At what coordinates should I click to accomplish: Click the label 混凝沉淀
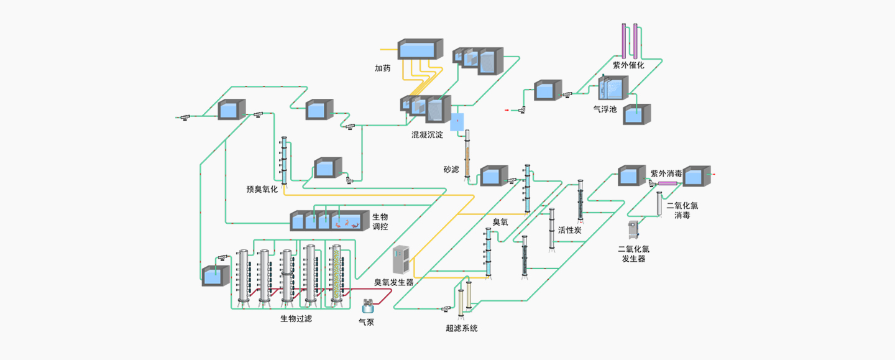pos(426,135)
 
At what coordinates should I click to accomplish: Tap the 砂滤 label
pos(451,169)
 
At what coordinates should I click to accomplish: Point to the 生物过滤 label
pos(296,319)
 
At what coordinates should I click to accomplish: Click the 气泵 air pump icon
pos(368,305)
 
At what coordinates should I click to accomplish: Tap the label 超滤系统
pos(462,328)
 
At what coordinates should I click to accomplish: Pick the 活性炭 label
pos(569,230)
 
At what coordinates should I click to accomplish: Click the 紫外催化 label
pos(629,65)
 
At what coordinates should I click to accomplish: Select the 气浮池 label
pos(605,109)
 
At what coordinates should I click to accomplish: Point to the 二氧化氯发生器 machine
pos(634,230)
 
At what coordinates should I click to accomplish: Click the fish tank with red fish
pos(346,220)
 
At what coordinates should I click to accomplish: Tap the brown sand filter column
pos(467,152)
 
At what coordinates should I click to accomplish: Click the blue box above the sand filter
pos(457,121)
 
